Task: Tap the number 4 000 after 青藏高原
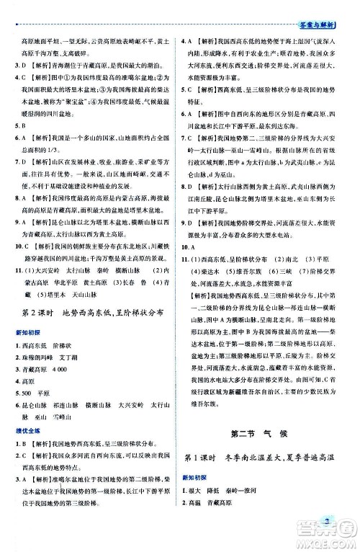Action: coord(68,370)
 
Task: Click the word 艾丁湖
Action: coord(73,358)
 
